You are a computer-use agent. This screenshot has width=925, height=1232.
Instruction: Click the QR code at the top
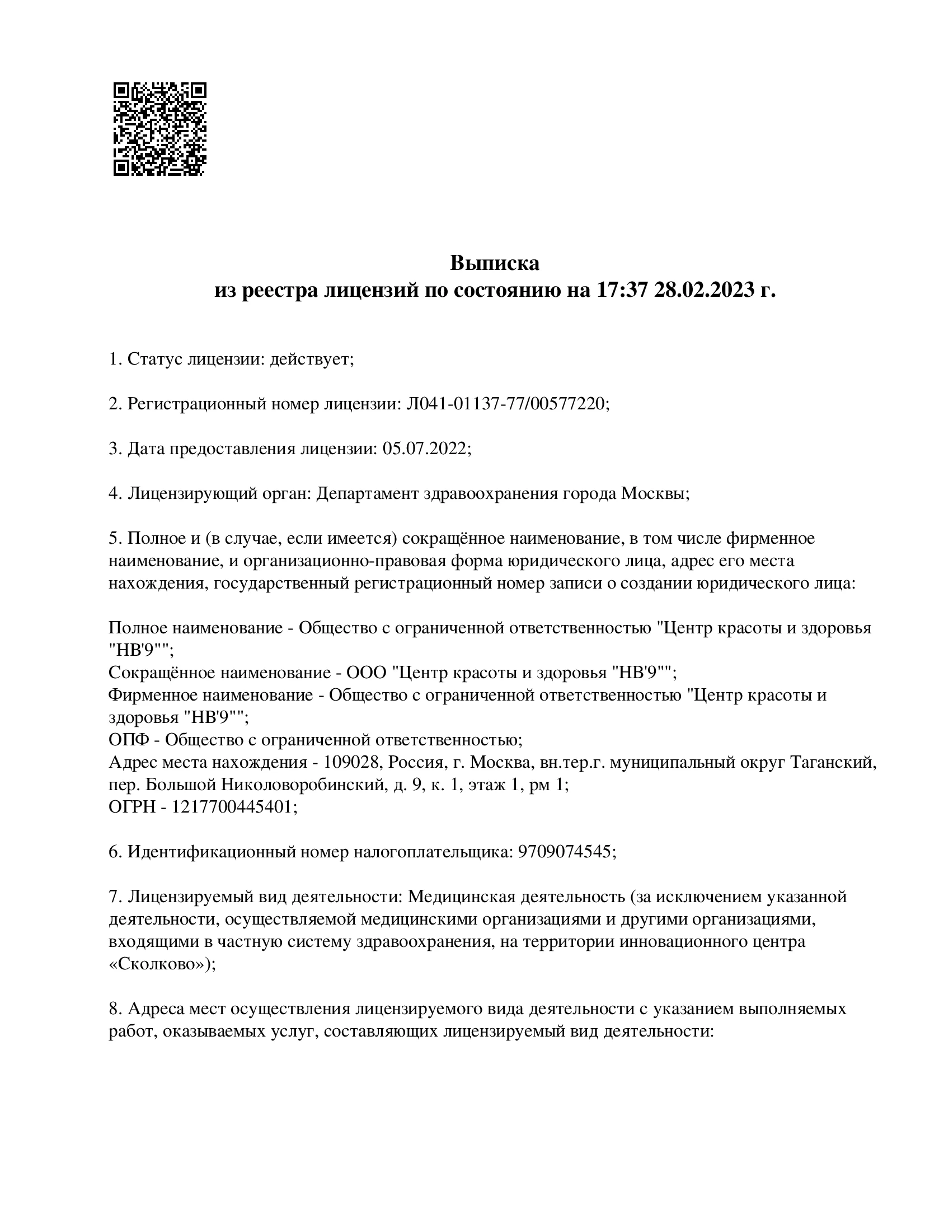pyautogui.click(x=159, y=129)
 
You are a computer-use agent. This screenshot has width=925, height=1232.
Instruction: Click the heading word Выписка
pyautogui.click(x=495, y=263)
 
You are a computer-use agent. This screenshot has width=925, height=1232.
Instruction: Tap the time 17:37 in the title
pyautogui.click(x=619, y=291)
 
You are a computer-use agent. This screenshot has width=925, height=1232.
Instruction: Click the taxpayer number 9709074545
pyautogui.click(x=566, y=852)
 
